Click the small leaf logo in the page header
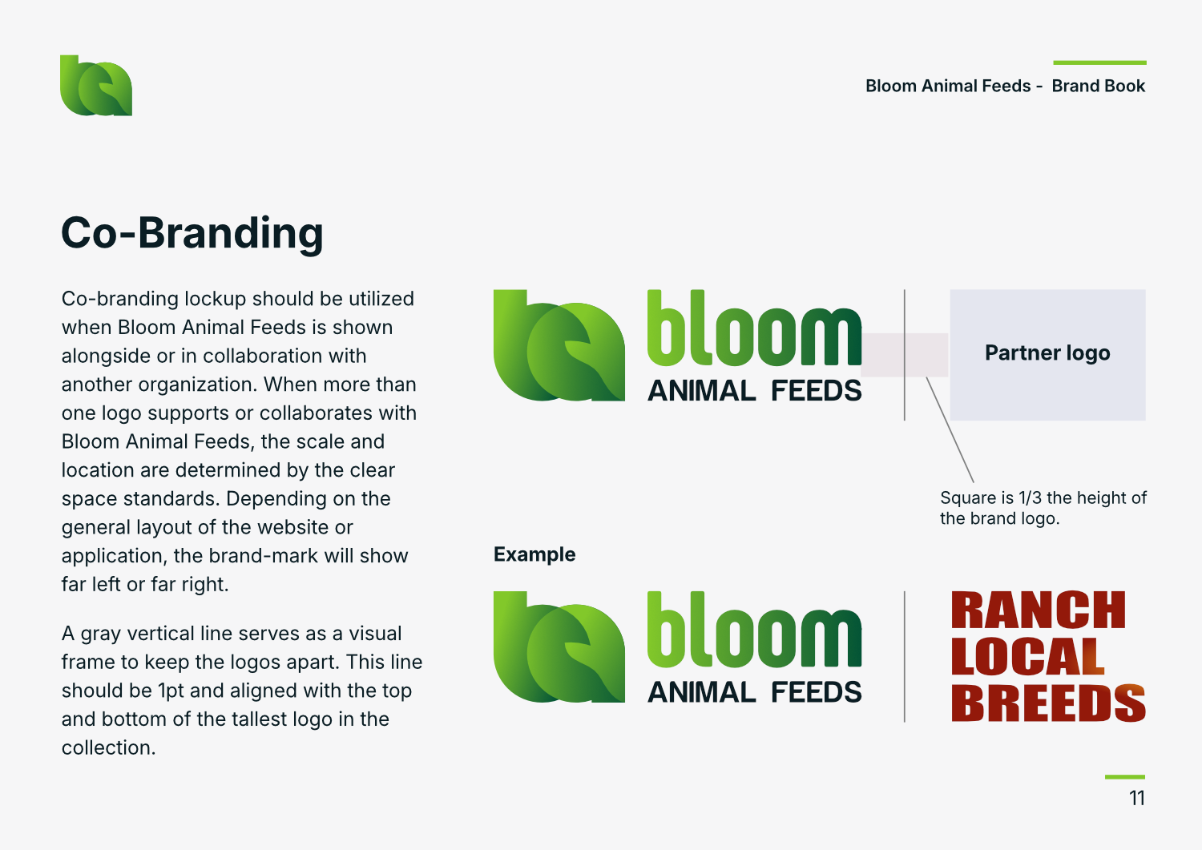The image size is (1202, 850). [96, 86]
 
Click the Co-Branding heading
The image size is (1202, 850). [192, 233]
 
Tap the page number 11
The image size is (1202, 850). [1137, 798]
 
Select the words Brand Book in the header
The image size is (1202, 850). [1099, 86]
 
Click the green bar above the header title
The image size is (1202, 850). [1099, 62]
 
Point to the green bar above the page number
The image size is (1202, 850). [1125, 776]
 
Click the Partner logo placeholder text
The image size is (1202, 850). [1047, 353]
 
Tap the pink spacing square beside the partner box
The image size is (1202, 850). [905, 355]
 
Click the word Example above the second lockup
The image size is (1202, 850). [534, 554]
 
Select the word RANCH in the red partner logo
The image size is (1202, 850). [1039, 610]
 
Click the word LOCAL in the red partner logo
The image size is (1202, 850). [1027, 656]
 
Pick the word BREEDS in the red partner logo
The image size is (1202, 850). [1048, 703]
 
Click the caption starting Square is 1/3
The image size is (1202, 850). [1043, 508]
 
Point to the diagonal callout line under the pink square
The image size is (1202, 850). [950, 429]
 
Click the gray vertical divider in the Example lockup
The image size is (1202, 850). [905, 657]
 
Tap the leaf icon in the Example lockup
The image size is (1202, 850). [559, 647]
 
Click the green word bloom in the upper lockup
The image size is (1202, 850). [755, 328]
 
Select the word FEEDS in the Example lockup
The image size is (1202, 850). [817, 692]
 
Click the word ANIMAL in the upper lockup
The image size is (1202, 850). [702, 391]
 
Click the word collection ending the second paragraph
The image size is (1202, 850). [108, 747]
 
